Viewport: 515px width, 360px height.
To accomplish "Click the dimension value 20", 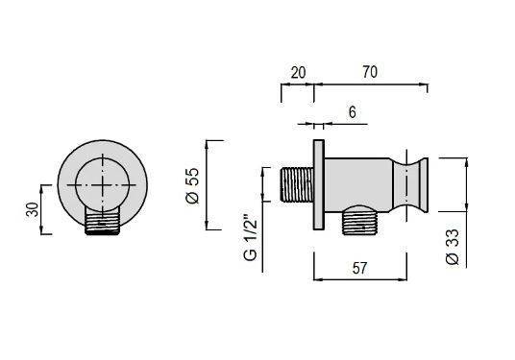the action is click(x=298, y=73).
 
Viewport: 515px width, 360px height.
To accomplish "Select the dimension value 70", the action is click(x=370, y=72).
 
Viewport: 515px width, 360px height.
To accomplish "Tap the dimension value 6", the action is click(x=352, y=112).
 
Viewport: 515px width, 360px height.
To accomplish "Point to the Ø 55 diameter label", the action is click(x=192, y=185).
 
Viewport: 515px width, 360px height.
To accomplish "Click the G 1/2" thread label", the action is click(x=251, y=237).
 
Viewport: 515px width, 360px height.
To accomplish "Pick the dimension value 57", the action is click(x=359, y=269).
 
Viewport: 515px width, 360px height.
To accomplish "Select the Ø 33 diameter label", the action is click(x=453, y=247).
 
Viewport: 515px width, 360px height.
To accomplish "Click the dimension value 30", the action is click(x=33, y=209).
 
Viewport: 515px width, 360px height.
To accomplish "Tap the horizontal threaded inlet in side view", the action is click(x=297, y=184).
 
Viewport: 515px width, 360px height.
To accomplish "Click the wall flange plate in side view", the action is click(x=319, y=184).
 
